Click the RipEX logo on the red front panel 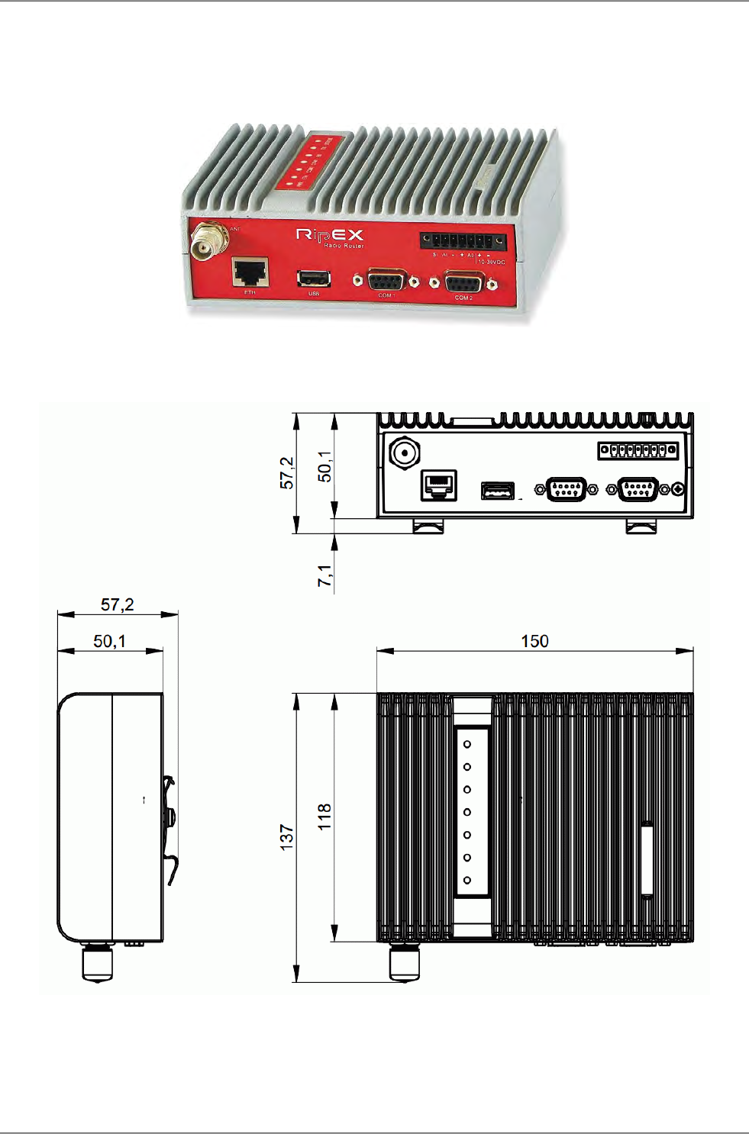[x=330, y=234]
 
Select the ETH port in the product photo [x=250, y=272]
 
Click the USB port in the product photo [x=313, y=279]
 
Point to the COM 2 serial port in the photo [x=463, y=283]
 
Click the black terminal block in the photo [x=463, y=241]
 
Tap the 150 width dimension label [x=534, y=641]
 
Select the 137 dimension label [x=287, y=837]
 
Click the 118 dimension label [x=325, y=817]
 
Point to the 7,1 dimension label [x=325, y=576]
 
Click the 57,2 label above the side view [x=118, y=605]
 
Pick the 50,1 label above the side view [x=109, y=641]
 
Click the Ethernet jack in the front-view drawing [x=439, y=485]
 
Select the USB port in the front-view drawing [x=497, y=491]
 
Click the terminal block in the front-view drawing [x=638, y=450]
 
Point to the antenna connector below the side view [x=97, y=962]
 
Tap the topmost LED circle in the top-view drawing [x=467, y=744]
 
